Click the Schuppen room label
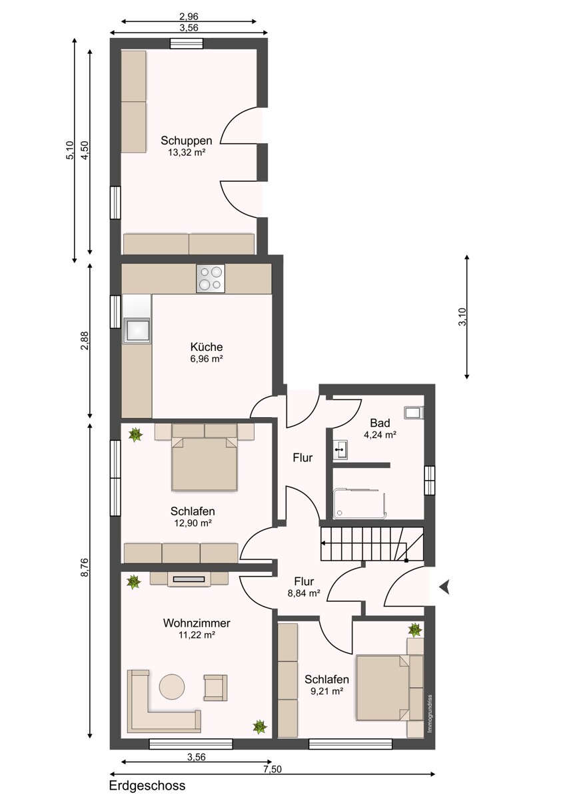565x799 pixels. coord(187,140)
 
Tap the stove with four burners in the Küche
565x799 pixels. coord(210,278)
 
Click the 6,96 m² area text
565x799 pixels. coord(206,359)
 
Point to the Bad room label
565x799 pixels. coord(380,423)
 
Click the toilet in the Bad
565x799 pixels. coord(413,413)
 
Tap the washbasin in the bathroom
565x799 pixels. coord(341,449)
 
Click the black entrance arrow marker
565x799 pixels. coord(444,587)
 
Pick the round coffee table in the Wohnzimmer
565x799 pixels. coord(172,686)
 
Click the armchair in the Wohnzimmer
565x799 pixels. coord(215,686)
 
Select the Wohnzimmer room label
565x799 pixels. coord(197,623)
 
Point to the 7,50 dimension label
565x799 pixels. coord(272,769)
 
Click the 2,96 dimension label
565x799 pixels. coord(189,17)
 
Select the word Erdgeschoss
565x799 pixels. coord(147,786)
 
